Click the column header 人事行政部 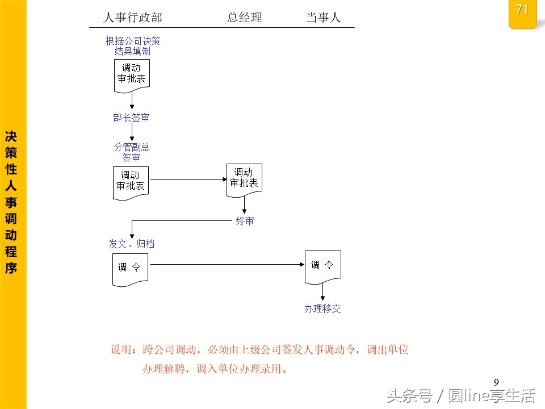132,18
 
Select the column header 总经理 245,18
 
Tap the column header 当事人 323,18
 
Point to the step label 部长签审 131,118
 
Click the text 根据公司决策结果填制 132,46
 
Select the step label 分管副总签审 131,152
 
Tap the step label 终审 245,221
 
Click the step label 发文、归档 131,244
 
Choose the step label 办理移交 322,308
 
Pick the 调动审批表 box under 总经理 244,179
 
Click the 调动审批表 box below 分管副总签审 131,181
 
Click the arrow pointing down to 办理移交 323,292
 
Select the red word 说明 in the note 123,350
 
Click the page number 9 496,382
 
